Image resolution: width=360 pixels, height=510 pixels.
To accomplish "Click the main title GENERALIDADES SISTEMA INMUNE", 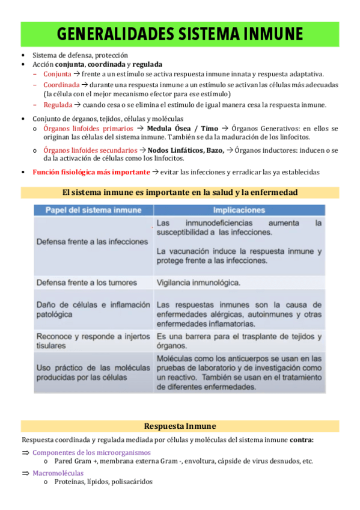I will pyautogui.click(x=180, y=34).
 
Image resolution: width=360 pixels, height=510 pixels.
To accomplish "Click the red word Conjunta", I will pyautogui.click(x=57, y=74).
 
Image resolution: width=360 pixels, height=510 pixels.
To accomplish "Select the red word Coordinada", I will pyautogui.click(x=61, y=85).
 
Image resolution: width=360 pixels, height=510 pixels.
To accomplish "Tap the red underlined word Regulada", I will pyautogui.click(x=58, y=105).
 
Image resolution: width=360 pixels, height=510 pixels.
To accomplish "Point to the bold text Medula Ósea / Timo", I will pyautogui.click(x=183, y=129).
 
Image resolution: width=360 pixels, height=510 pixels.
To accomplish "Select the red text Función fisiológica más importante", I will pyautogui.click(x=91, y=172).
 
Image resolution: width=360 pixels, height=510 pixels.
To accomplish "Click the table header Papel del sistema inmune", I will pyautogui.click(x=94, y=210).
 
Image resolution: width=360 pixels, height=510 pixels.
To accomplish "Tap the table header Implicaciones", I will pyautogui.click(x=239, y=210).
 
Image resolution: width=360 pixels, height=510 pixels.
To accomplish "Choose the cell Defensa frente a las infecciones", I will pyautogui.click(x=93, y=241).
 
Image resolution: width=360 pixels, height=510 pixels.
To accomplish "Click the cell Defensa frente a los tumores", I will pyautogui.click(x=87, y=282).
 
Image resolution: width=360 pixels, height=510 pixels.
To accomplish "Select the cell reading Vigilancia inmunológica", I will pyautogui.click(x=198, y=282).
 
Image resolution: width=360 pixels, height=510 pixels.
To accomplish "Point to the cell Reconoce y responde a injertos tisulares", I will pyautogui.click(x=93, y=340).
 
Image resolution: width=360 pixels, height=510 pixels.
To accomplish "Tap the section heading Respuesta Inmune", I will pyautogui.click(x=180, y=426).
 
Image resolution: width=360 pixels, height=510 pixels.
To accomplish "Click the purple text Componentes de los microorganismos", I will pyautogui.click(x=91, y=452).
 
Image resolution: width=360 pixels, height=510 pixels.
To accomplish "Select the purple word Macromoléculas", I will pyautogui.click(x=58, y=473).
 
